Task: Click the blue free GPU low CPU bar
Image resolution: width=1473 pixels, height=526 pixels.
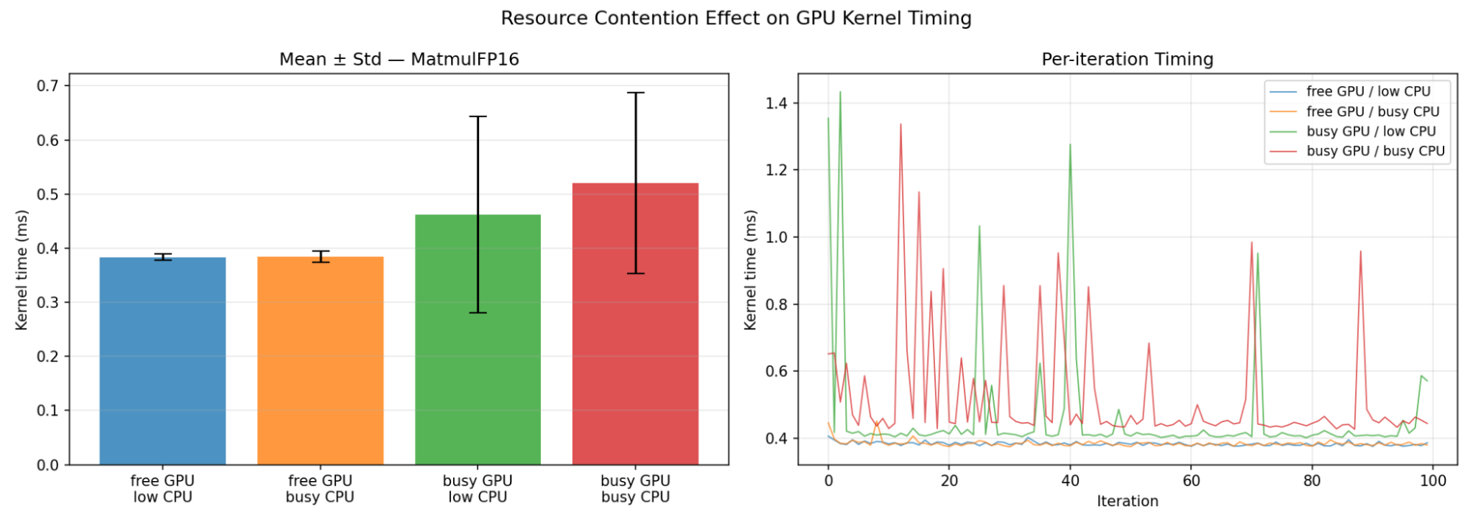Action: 162,361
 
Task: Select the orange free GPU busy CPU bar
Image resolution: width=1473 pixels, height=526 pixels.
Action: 320,361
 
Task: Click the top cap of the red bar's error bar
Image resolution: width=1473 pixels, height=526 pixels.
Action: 635,93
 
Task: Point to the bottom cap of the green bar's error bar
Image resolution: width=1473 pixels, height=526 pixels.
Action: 477,312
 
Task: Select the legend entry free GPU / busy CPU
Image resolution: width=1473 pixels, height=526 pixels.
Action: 1372,111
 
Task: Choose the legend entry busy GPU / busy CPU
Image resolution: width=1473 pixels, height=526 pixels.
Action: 1375,151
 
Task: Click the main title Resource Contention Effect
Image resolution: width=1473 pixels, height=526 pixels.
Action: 735,18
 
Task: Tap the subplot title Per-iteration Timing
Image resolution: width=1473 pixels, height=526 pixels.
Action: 1127,59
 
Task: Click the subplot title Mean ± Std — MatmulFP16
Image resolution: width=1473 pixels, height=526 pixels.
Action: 399,59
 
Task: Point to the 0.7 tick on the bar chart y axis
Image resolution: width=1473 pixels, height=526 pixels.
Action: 48,86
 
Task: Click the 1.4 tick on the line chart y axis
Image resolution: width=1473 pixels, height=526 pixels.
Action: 777,103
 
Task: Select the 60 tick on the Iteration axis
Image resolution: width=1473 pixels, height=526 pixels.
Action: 1191,481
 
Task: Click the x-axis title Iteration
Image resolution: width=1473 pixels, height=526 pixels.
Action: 1127,502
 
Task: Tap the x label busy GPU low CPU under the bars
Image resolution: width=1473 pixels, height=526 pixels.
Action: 477,488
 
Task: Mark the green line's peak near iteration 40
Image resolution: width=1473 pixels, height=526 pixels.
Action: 1070,144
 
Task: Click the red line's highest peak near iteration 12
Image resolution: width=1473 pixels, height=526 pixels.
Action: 900,124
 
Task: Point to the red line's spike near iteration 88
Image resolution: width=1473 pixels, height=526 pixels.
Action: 1360,251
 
